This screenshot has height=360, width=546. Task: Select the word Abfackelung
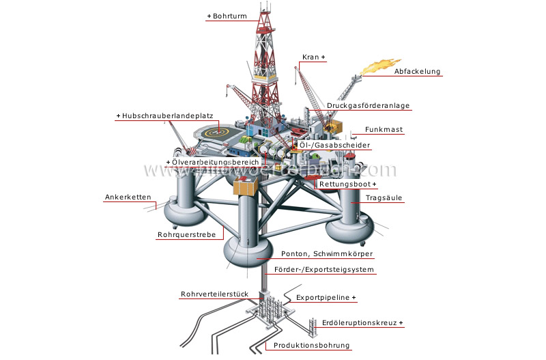417,71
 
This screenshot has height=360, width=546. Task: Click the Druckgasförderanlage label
368,106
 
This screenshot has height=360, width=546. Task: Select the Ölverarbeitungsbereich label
203,163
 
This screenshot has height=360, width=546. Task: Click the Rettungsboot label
347,184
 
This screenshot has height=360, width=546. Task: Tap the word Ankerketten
128,197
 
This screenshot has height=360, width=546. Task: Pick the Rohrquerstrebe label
186,235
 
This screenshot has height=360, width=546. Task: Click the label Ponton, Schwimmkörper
327,254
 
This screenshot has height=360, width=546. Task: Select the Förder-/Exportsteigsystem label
324,270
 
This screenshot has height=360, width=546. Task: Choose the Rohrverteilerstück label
213,295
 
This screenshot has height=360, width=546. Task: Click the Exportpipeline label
326,299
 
